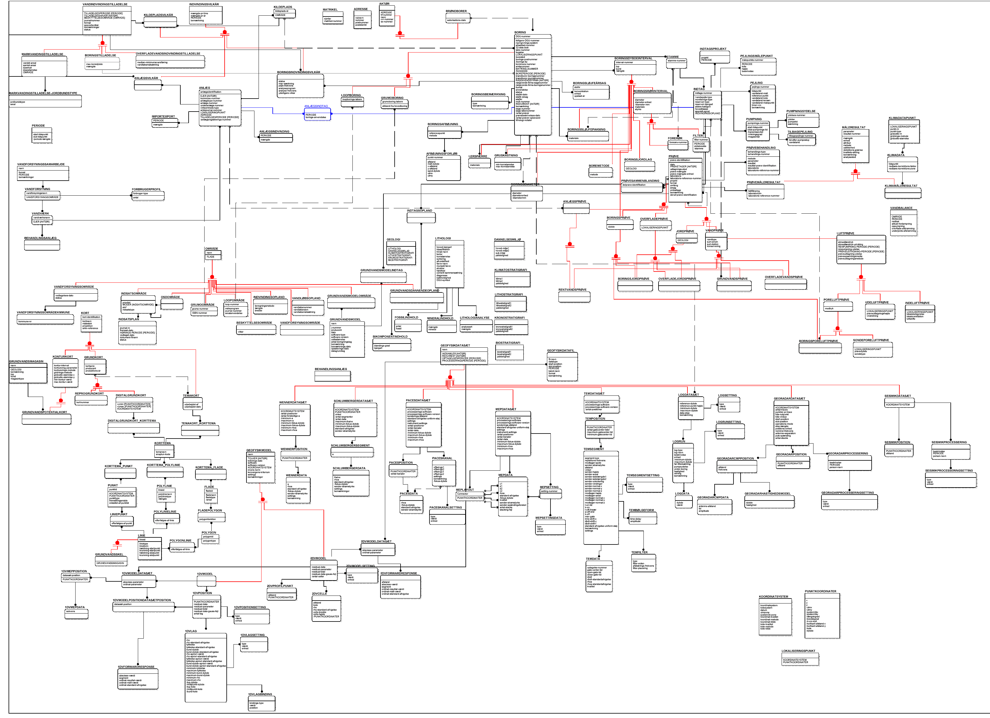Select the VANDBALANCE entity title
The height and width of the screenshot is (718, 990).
pos(901,208)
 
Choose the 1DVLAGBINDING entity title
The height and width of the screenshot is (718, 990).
pos(260,694)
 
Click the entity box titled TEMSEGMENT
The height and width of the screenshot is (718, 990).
pos(601,498)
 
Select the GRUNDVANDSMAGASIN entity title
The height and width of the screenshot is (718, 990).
pos(26,362)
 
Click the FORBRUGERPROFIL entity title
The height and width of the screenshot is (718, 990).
pos(146,189)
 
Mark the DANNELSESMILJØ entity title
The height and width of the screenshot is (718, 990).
pos(507,240)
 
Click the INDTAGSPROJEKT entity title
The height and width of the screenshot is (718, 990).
pos(713,49)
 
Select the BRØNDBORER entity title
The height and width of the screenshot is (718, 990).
pos(456,11)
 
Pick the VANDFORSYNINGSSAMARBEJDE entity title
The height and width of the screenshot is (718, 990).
pos(41,165)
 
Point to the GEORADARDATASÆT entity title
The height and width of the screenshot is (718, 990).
pos(789,398)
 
